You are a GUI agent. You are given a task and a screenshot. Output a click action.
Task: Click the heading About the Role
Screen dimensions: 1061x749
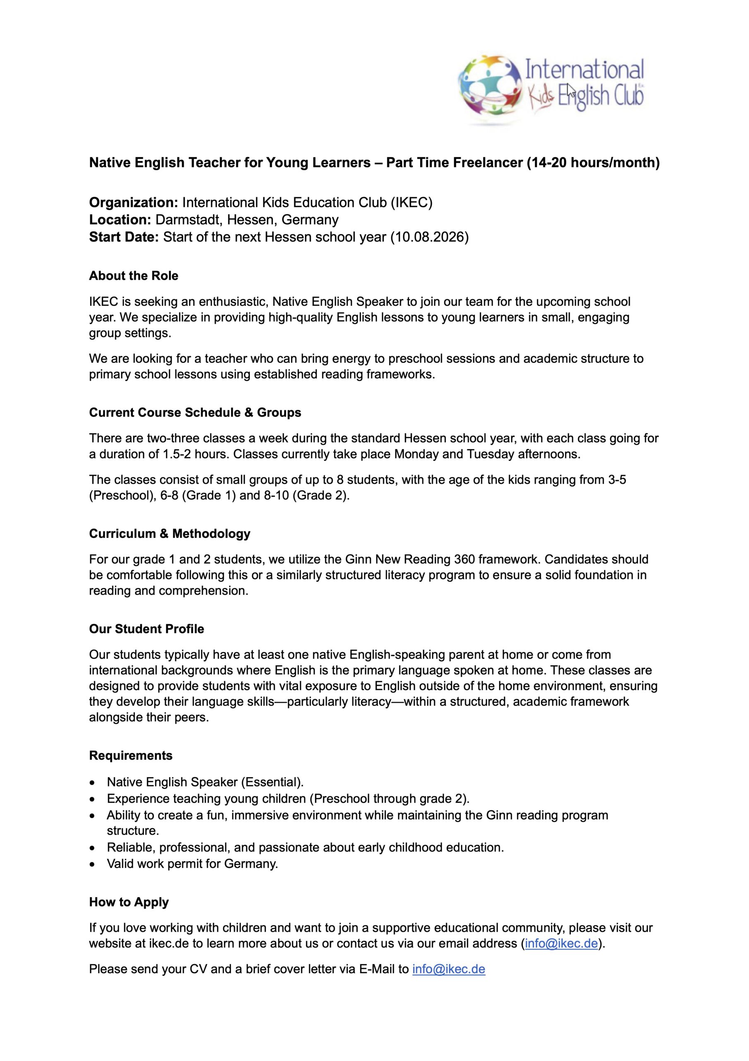coord(133,276)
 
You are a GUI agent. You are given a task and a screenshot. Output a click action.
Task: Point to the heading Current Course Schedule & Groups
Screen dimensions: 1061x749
coord(195,412)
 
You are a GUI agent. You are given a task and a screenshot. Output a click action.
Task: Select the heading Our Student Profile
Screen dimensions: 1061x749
coord(147,629)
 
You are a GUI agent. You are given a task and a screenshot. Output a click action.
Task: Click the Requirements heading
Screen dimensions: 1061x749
coord(131,756)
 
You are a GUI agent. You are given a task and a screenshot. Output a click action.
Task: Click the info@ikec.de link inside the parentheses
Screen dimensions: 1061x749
coord(561,943)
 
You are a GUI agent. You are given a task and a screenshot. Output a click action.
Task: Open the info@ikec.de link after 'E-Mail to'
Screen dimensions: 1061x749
coord(448,969)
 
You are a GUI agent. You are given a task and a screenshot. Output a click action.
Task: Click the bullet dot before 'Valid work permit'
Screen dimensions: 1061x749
coord(93,864)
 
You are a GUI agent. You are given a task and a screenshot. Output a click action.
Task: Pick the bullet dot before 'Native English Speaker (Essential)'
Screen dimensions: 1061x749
coord(93,782)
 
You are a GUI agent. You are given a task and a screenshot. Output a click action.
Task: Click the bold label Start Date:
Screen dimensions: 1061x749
coord(124,237)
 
